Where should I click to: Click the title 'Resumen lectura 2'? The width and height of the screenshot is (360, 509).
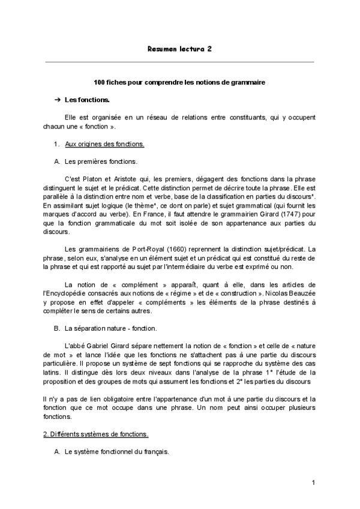tap(179, 50)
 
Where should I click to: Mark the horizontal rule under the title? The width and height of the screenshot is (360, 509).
tap(179, 62)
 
